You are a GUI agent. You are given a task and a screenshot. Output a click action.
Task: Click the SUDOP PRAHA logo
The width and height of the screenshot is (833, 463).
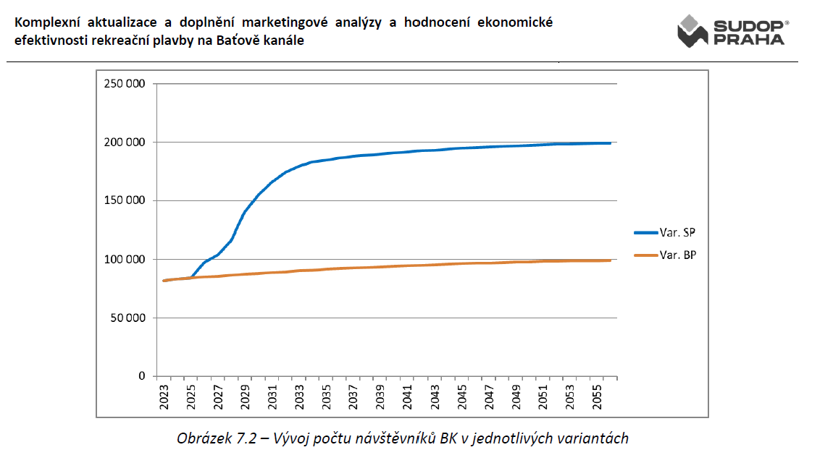[733, 31]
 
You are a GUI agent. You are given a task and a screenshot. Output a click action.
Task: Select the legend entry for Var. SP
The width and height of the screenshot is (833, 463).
[665, 232]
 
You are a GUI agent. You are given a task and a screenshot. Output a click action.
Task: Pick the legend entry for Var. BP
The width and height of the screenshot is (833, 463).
[665, 255]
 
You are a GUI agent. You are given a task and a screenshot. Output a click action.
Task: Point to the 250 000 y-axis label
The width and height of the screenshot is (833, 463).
[125, 83]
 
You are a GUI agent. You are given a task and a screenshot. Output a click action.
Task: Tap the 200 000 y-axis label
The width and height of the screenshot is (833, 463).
[125, 142]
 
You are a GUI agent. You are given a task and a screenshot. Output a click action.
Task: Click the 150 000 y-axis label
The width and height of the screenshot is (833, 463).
[125, 200]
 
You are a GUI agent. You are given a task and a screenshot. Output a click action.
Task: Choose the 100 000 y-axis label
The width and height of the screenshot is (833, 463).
[125, 259]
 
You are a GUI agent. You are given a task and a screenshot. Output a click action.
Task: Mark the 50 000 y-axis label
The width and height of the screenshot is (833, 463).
[127, 318]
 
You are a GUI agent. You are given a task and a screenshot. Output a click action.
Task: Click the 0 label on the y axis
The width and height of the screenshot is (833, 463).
[141, 376]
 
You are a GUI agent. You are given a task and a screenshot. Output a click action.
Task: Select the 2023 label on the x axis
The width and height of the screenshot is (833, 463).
[164, 396]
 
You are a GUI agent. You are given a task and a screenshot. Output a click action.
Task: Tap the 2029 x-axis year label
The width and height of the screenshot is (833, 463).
[246, 396]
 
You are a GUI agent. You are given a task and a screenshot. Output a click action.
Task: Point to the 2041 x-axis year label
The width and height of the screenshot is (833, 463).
[408, 396]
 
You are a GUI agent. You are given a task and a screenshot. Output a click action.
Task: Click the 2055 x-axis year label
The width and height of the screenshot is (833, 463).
[597, 396]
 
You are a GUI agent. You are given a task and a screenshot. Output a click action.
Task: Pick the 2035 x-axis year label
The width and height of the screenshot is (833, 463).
[326, 396]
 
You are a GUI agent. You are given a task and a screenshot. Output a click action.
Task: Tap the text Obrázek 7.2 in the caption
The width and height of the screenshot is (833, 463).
[217, 438]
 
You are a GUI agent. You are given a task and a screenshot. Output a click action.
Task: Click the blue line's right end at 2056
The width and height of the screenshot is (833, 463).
[611, 143]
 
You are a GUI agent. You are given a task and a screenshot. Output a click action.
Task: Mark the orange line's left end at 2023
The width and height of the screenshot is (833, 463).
[164, 281]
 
